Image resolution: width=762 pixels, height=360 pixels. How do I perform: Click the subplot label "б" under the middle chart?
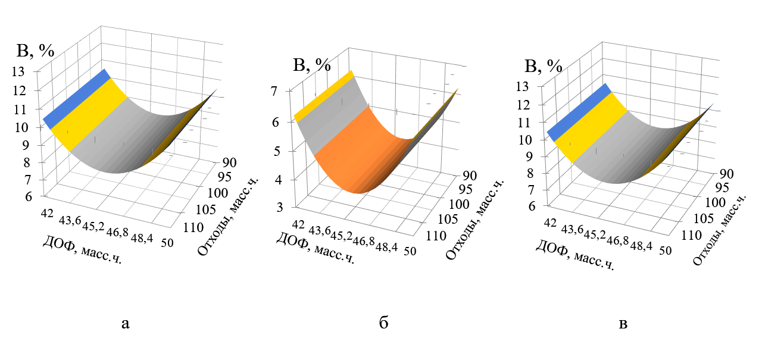pyautogui.click(x=384, y=324)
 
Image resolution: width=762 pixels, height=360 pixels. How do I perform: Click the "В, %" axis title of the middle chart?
pyautogui.click(x=312, y=65)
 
